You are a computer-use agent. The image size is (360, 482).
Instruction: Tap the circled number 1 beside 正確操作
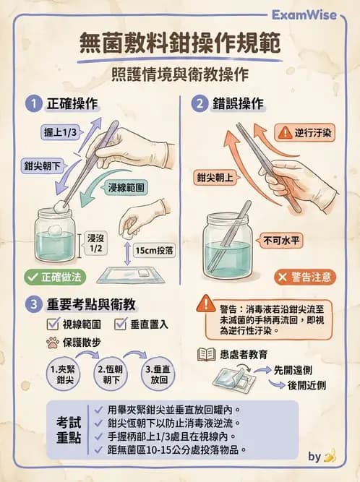pos(33,103)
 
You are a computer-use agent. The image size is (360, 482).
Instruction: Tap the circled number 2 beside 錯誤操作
pos(200,103)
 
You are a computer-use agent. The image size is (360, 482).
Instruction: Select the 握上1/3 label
pos(61,131)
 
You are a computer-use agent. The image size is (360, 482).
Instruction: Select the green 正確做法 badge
pos(53,276)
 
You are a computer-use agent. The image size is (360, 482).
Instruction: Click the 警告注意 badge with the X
pos(304,277)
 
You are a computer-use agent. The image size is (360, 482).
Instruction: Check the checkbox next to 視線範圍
pos(52,324)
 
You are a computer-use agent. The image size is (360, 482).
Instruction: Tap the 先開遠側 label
pos(297,369)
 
